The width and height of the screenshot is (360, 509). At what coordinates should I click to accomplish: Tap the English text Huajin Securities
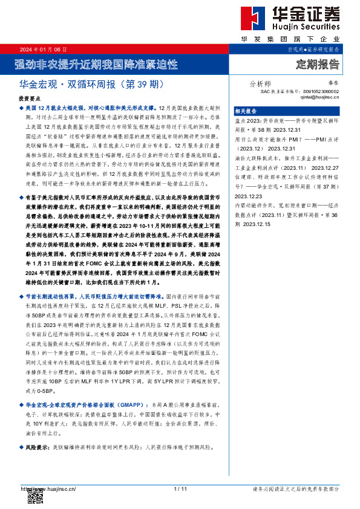301,27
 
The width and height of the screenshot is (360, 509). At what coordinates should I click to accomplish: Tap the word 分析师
260,84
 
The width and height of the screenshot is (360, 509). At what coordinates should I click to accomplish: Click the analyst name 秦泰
333,85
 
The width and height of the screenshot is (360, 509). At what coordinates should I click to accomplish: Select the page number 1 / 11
180,488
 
